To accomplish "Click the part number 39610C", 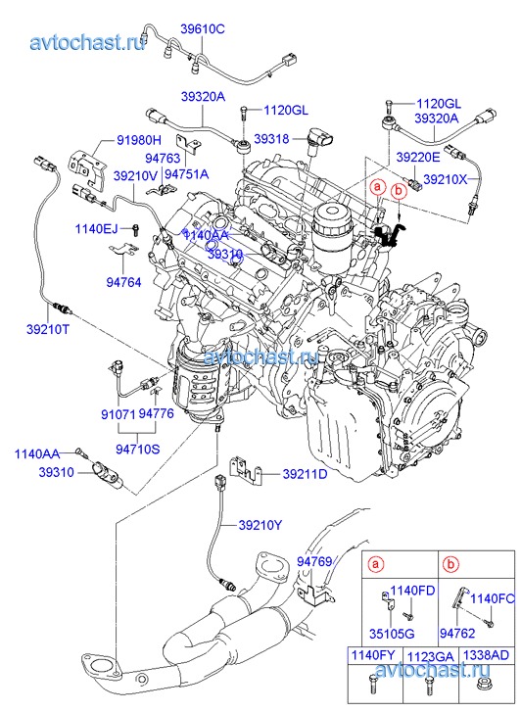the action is [x=203, y=29].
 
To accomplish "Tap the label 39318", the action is [x=271, y=139].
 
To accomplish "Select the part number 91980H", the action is [x=139, y=140].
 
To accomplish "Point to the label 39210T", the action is [x=48, y=329].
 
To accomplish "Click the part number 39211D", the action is [x=305, y=474].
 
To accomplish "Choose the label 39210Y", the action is [x=260, y=525].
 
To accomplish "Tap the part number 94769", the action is [x=314, y=561].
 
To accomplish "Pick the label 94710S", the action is [x=138, y=450].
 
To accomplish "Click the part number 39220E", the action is [x=418, y=158].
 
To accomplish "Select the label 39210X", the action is [x=445, y=180].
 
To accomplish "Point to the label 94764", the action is [x=123, y=282].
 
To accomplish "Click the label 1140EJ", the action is [x=96, y=228].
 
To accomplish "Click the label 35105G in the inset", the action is [x=392, y=633].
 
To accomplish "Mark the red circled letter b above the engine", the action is [x=399, y=191].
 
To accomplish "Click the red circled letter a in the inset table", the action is [x=375, y=564].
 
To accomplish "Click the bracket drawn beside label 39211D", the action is [x=247, y=468].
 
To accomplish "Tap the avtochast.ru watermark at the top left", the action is [x=88, y=42].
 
